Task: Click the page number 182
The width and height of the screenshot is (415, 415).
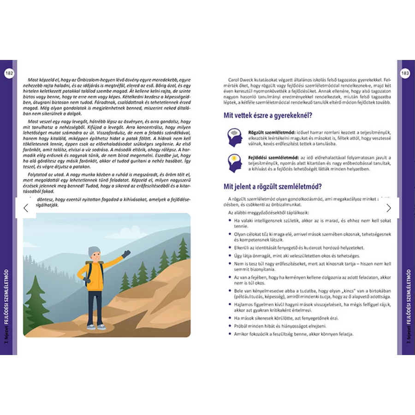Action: point(9,73)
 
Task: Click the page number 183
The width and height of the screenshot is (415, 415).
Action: point(406,73)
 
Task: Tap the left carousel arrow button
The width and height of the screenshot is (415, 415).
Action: point(26,208)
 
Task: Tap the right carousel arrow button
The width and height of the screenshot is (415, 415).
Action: point(389,208)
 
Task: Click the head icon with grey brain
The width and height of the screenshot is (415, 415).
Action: point(235,137)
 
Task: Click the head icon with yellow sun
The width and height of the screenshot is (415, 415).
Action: point(235,163)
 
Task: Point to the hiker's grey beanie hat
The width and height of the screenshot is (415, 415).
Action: point(95,252)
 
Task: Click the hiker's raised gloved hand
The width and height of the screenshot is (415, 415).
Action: point(125,254)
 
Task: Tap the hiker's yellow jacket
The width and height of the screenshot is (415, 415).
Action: point(95,277)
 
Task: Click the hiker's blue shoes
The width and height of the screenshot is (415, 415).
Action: point(96,326)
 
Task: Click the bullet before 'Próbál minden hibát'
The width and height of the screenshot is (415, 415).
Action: point(229,326)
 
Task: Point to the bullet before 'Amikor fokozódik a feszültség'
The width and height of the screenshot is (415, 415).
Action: point(229,334)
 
